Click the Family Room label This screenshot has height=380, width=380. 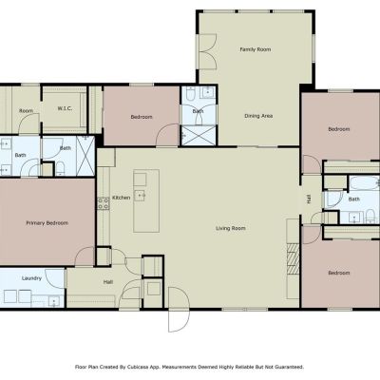(x=256, y=49)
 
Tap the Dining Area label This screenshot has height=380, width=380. (x=258, y=116)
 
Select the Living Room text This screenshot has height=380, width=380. (x=231, y=228)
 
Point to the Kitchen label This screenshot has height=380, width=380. (x=122, y=198)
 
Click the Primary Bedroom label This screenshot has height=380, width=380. (x=47, y=223)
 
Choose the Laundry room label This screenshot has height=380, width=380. (x=31, y=278)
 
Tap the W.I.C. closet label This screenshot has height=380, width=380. (x=65, y=108)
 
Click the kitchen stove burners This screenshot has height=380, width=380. (x=104, y=203)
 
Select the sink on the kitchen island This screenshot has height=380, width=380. (x=140, y=196)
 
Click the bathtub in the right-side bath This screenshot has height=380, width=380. (x=364, y=182)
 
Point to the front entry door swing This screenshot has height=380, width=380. (x=179, y=309)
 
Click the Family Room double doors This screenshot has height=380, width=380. (x=208, y=51)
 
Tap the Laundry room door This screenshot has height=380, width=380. (x=55, y=278)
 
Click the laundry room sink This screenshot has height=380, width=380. (x=54, y=301)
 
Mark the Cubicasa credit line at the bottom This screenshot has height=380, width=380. (x=189, y=367)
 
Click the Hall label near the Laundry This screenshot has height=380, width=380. (x=108, y=282)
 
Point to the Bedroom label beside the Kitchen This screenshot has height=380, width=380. (x=142, y=117)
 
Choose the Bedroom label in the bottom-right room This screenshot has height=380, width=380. (x=339, y=273)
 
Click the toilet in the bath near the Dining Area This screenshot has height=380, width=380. (x=190, y=93)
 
